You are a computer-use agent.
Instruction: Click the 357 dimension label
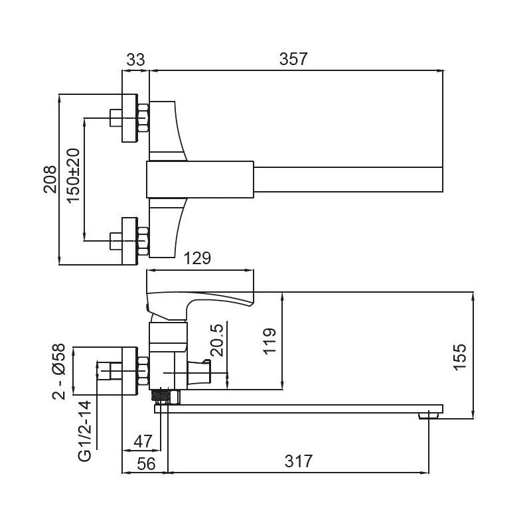click(x=293, y=59)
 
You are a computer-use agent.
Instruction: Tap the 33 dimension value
click(x=135, y=59)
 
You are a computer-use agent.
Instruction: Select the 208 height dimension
click(x=50, y=179)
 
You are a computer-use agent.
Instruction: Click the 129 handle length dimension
click(x=197, y=259)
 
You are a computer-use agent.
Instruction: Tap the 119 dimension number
click(x=269, y=342)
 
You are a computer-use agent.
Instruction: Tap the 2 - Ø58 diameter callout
click(x=60, y=371)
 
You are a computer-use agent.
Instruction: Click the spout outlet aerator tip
click(x=428, y=416)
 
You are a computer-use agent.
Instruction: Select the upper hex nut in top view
click(x=142, y=117)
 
